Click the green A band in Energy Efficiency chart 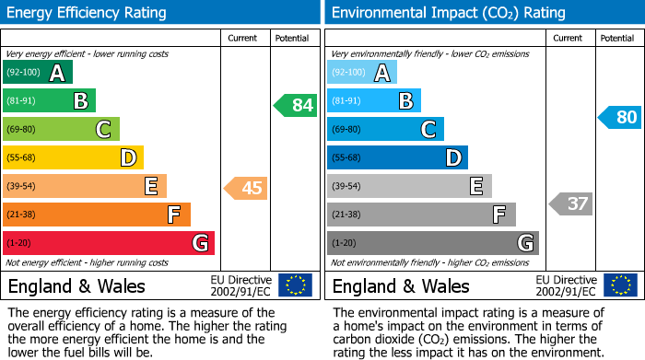tap(37, 73)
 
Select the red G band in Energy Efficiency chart tap(109, 243)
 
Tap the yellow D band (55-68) tap(73, 158)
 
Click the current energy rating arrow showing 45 tap(247, 189)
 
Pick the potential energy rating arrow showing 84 tap(296, 105)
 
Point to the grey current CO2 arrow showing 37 tap(571, 203)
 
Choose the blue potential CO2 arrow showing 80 tap(620, 118)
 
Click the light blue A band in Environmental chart tap(362, 73)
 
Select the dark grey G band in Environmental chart tap(432, 243)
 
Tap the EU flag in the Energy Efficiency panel tap(295, 285)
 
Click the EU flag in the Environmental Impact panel tap(619, 285)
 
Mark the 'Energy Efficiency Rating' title tap(88, 13)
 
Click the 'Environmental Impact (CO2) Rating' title tap(448, 13)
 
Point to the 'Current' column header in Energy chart tap(243, 38)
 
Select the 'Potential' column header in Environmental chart tap(616, 38)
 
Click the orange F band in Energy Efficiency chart tap(97, 215)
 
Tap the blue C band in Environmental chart tap(385, 130)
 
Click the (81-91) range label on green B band tap(22, 101)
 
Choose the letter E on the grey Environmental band tap(476, 187)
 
